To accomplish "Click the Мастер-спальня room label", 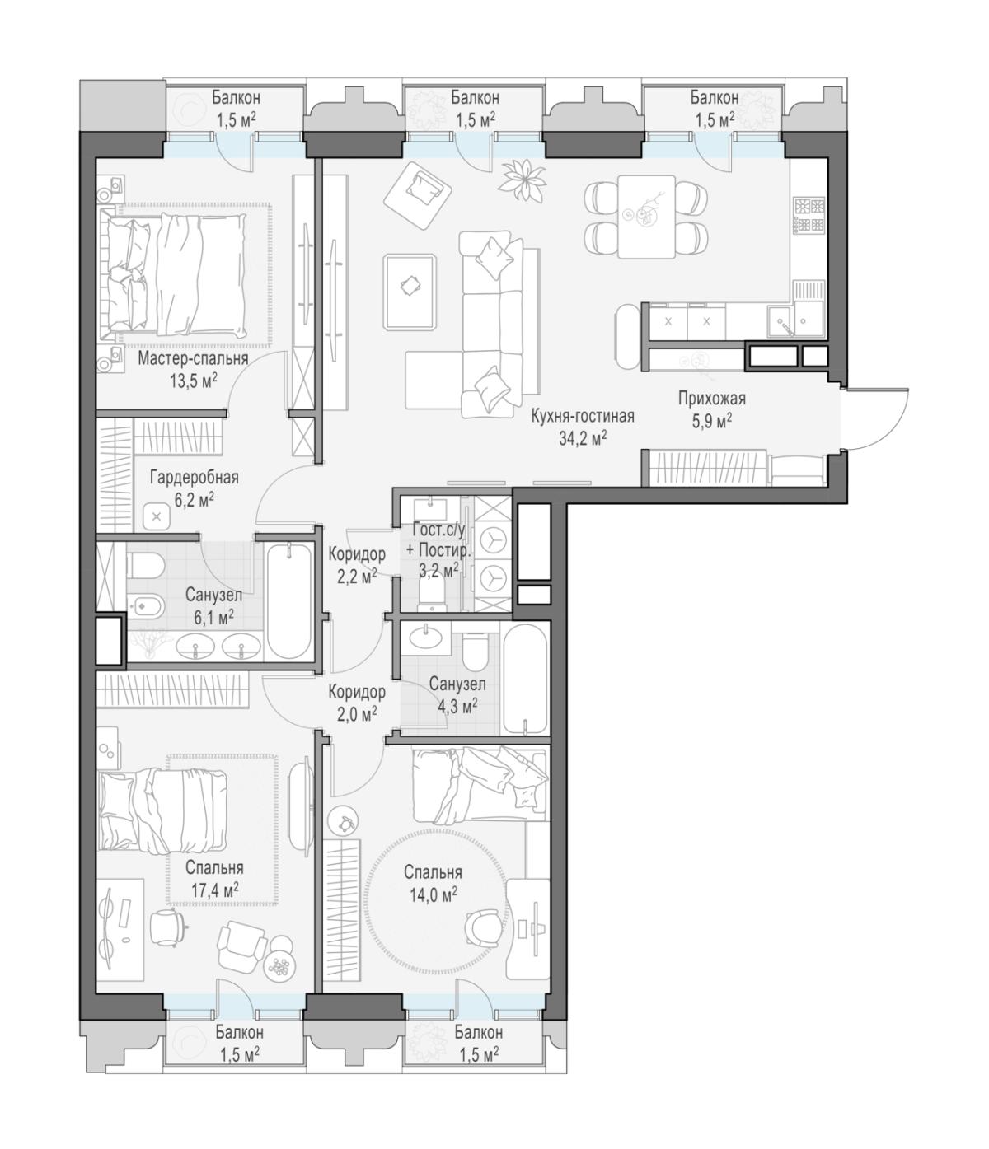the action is pyautogui.click(x=193, y=357).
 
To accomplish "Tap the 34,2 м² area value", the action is pyautogui.click(x=582, y=439).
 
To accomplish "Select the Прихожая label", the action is pyautogui.click(x=711, y=399).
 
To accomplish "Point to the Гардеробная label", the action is pyautogui.click(x=194, y=477).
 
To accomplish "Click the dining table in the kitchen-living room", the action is pyautogui.click(x=646, y=217).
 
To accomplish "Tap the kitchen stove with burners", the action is pyautogui.click(x=809, y=215).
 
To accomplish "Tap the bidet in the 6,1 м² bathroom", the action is pyautogui.click(x=144, y=605).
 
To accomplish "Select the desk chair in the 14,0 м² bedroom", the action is pyautogui.click(x=481, y=927).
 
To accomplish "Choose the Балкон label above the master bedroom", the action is pyautogui.click(x=236, y=98).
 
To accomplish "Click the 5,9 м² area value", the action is pyautogui.click(x=711, y=422).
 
